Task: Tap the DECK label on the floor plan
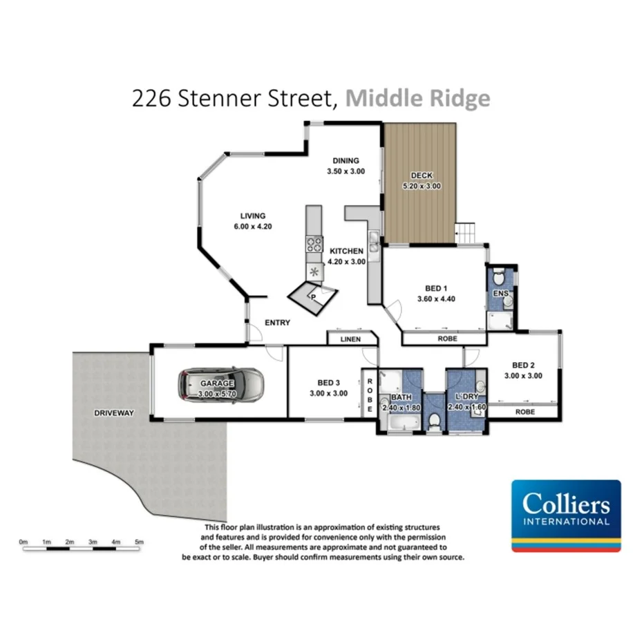[421, 176]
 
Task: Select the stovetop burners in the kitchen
[314, 243]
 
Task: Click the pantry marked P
[312, 296]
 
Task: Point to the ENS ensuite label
[500, 294]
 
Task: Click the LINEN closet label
[350, 339]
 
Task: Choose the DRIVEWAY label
[114, 413]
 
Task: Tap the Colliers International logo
[565, 515]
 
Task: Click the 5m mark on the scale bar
[140, 542]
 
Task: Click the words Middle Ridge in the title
[417, 98]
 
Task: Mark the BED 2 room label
[523, 366]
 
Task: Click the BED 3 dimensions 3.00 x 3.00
[329, 393]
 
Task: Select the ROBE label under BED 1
[443, 339]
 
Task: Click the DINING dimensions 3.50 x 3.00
[345, 171]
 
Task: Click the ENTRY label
[277, 323]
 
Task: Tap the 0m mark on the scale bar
[23, 542]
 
